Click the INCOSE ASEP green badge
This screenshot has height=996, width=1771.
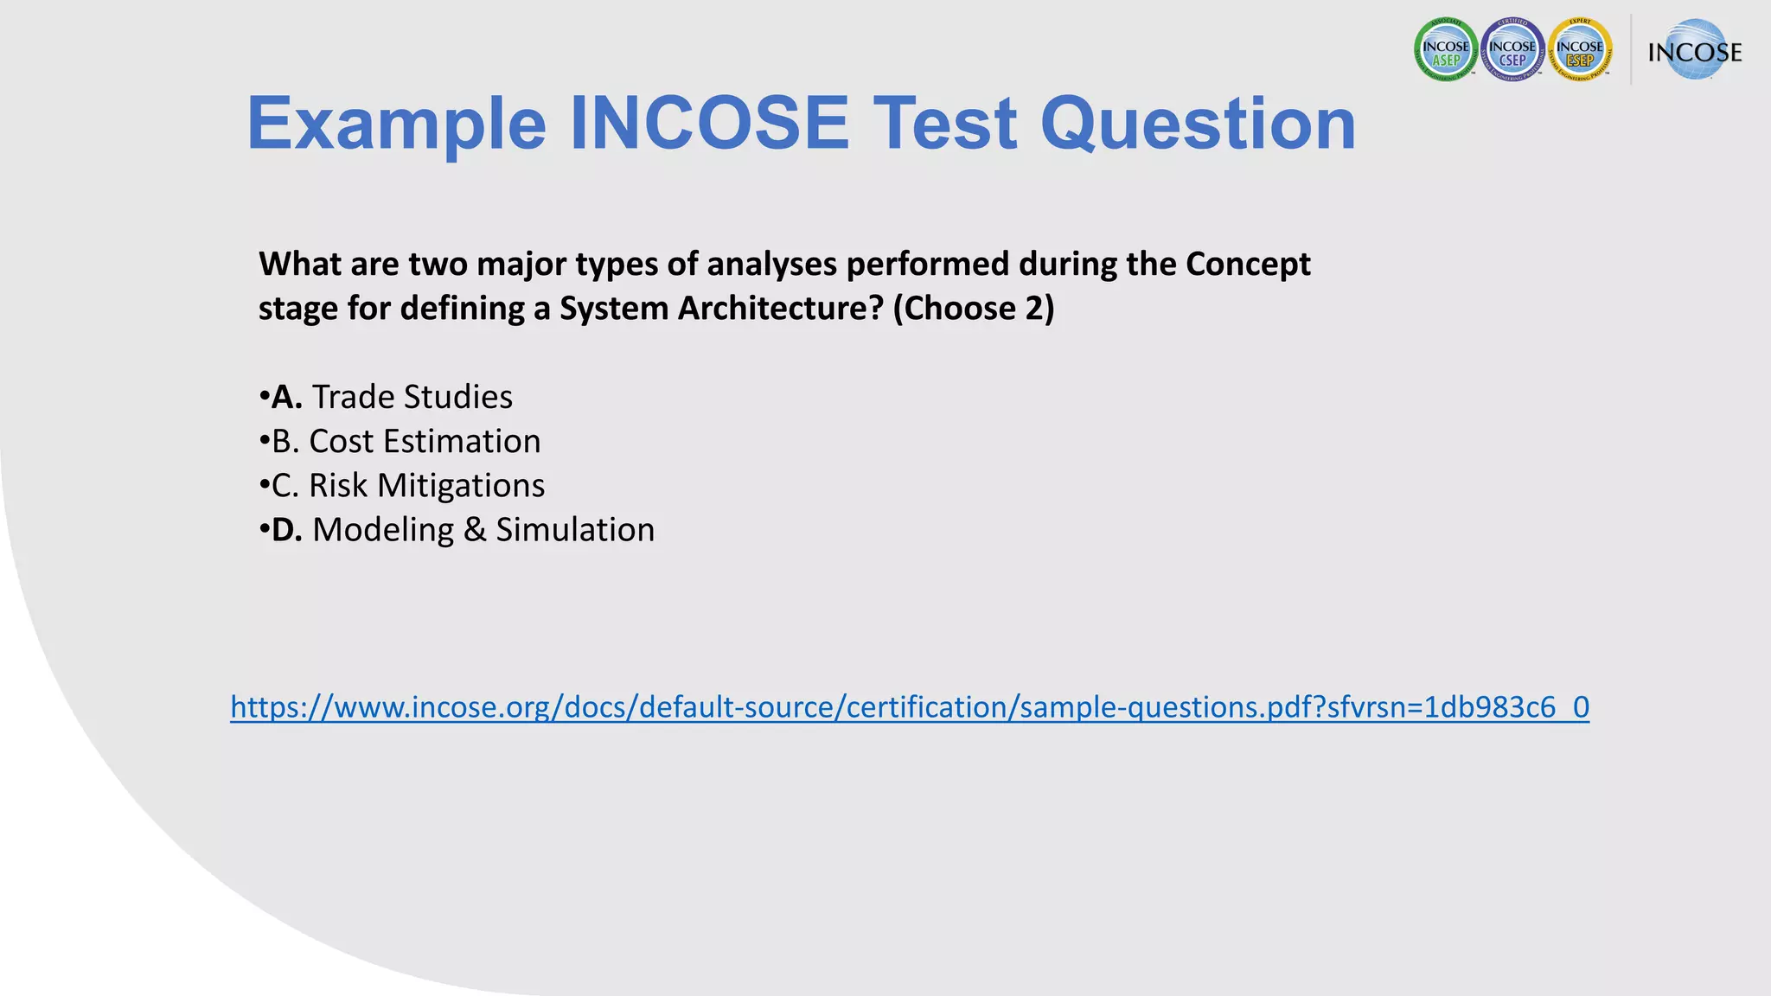pyautogui.click(x=1446, y=51)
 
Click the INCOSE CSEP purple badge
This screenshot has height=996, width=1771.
pyautogui.click(x=1513, y=51)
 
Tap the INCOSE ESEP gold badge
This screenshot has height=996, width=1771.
pyautogui.click(x=1581, y=51)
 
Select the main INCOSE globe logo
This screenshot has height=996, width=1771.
pyautogui.click(x=1694, y=51)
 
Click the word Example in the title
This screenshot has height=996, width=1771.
pyautogui.click(x=396, y=124)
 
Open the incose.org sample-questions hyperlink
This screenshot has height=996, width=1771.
pyautogui.click(x=910, y=707)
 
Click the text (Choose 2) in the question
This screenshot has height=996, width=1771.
pyautogui.click(x=973, y=309)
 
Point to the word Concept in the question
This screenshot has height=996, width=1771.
pyautogui.click(x=1247, y=265)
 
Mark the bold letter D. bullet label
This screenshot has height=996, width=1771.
pyautogui.click(x=286, y=530)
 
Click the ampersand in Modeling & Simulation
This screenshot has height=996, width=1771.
pyautogui.click(x=475, y=530)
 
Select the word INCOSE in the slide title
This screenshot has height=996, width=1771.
pyautogui.click(x=709, y=123)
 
